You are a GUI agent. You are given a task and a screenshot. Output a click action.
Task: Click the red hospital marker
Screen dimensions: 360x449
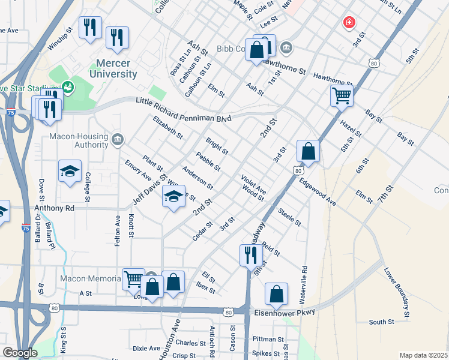pos(348,23)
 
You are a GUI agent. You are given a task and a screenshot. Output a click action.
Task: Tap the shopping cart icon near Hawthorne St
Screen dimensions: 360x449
pos(342,95)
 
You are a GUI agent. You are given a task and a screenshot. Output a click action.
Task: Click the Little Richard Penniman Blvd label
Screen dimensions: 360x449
pos(183,110)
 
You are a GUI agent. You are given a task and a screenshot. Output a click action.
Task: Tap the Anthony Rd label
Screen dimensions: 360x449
pos(54,208)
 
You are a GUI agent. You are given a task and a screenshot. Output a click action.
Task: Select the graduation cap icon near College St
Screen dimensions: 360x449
pos(70,172)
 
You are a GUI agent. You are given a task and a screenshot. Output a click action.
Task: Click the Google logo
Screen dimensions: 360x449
pos(20,353)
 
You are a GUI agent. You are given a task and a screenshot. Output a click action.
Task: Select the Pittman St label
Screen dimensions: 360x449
pos(268,339)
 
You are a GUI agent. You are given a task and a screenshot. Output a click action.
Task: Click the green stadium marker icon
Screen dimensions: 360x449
pos(67,86)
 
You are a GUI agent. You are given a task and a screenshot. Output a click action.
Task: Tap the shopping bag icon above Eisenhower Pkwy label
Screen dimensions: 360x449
pos(276,295)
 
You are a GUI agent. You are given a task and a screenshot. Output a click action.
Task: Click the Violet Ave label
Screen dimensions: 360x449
pos(253,185)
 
